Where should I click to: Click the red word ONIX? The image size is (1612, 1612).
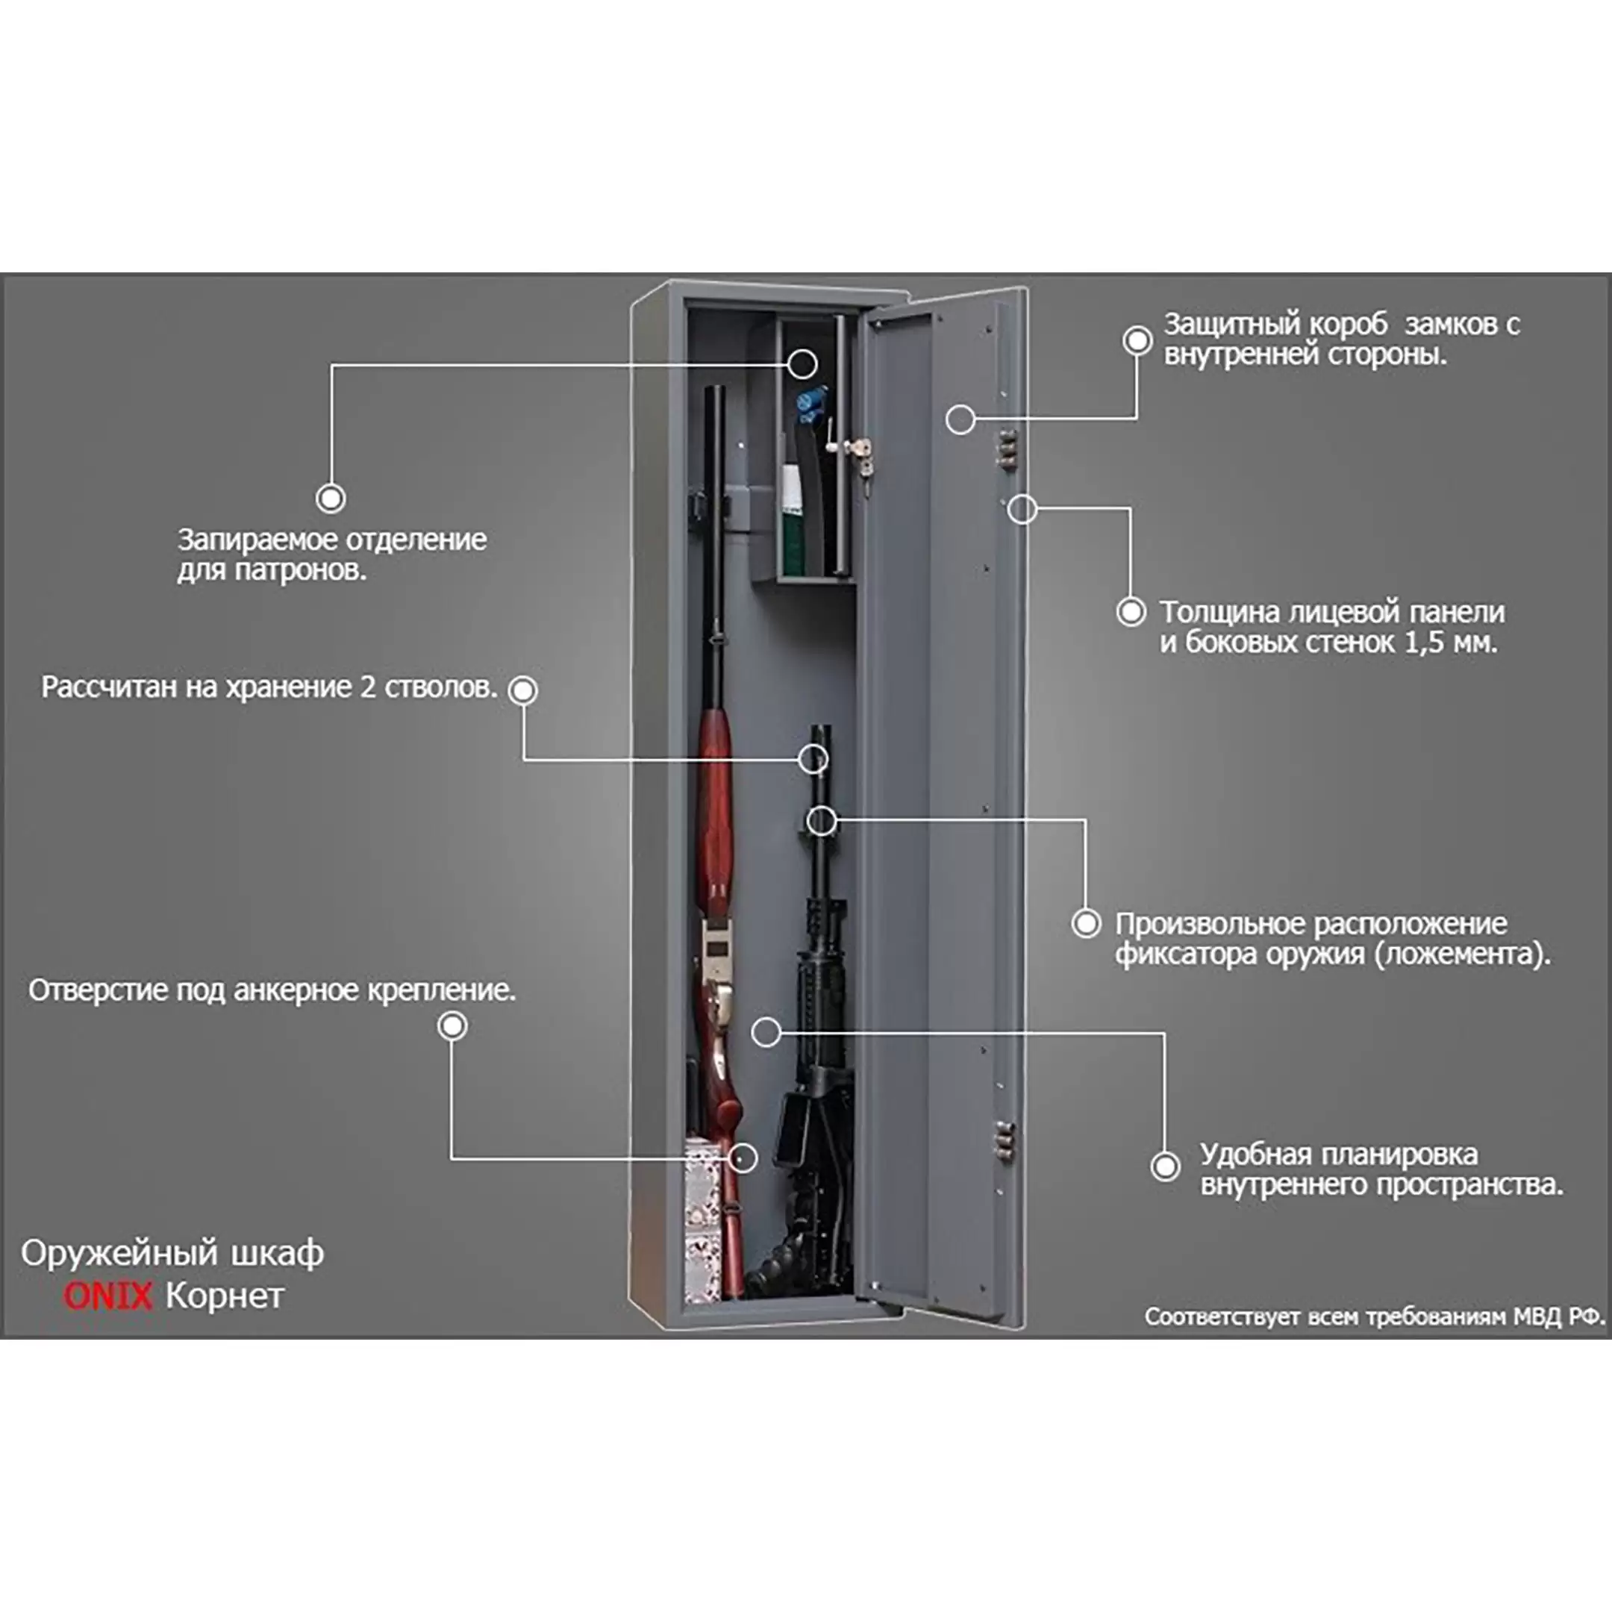(x=108, y=1295)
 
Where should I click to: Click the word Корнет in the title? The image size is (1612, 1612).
(x=225, y=1295)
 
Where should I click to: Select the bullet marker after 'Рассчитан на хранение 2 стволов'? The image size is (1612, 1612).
(x=523, y=690)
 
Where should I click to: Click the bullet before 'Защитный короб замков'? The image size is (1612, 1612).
(x=1137, y=340)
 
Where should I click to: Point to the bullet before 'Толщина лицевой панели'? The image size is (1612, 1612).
(x=1131, y=612)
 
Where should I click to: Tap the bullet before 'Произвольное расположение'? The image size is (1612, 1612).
(x=1086, y=923)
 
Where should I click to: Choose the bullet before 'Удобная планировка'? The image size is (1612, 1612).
(x=1165, y=1166)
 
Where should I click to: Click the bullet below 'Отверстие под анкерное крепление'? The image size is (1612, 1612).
(x=452, y=1025)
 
